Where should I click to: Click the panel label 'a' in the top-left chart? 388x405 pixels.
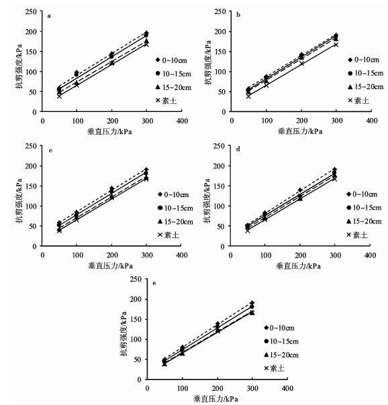(49, 16)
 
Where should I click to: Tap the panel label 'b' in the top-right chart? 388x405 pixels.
(238, 15)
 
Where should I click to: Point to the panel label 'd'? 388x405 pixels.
(238, 150)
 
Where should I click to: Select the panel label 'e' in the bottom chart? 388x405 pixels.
(154, 284)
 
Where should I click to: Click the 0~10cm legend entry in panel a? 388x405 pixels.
(171, 60)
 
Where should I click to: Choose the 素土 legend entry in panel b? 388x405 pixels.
(358, 100)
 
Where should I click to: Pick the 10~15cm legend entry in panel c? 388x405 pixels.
(175, 208)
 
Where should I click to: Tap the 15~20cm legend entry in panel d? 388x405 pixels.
(364, 221)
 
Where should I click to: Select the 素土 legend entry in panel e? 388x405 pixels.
(275, 368)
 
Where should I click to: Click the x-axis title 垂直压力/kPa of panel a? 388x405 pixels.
(109, 131)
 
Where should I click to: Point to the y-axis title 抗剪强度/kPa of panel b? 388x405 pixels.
(208, 62)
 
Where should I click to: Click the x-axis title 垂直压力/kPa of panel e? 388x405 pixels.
(215, 399)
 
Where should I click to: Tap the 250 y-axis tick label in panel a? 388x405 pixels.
(32, 11)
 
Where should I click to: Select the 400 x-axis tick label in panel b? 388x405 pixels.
(372, 121)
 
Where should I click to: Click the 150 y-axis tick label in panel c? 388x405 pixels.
(31, 186)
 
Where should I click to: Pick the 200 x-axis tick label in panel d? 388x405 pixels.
(300, 255)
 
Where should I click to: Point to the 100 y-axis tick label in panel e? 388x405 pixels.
(136, 339)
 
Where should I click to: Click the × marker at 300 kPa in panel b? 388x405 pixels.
(336, 45)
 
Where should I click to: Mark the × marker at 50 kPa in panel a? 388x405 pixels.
(59, 96)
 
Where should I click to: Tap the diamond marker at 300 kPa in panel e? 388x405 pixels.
(252, 302)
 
